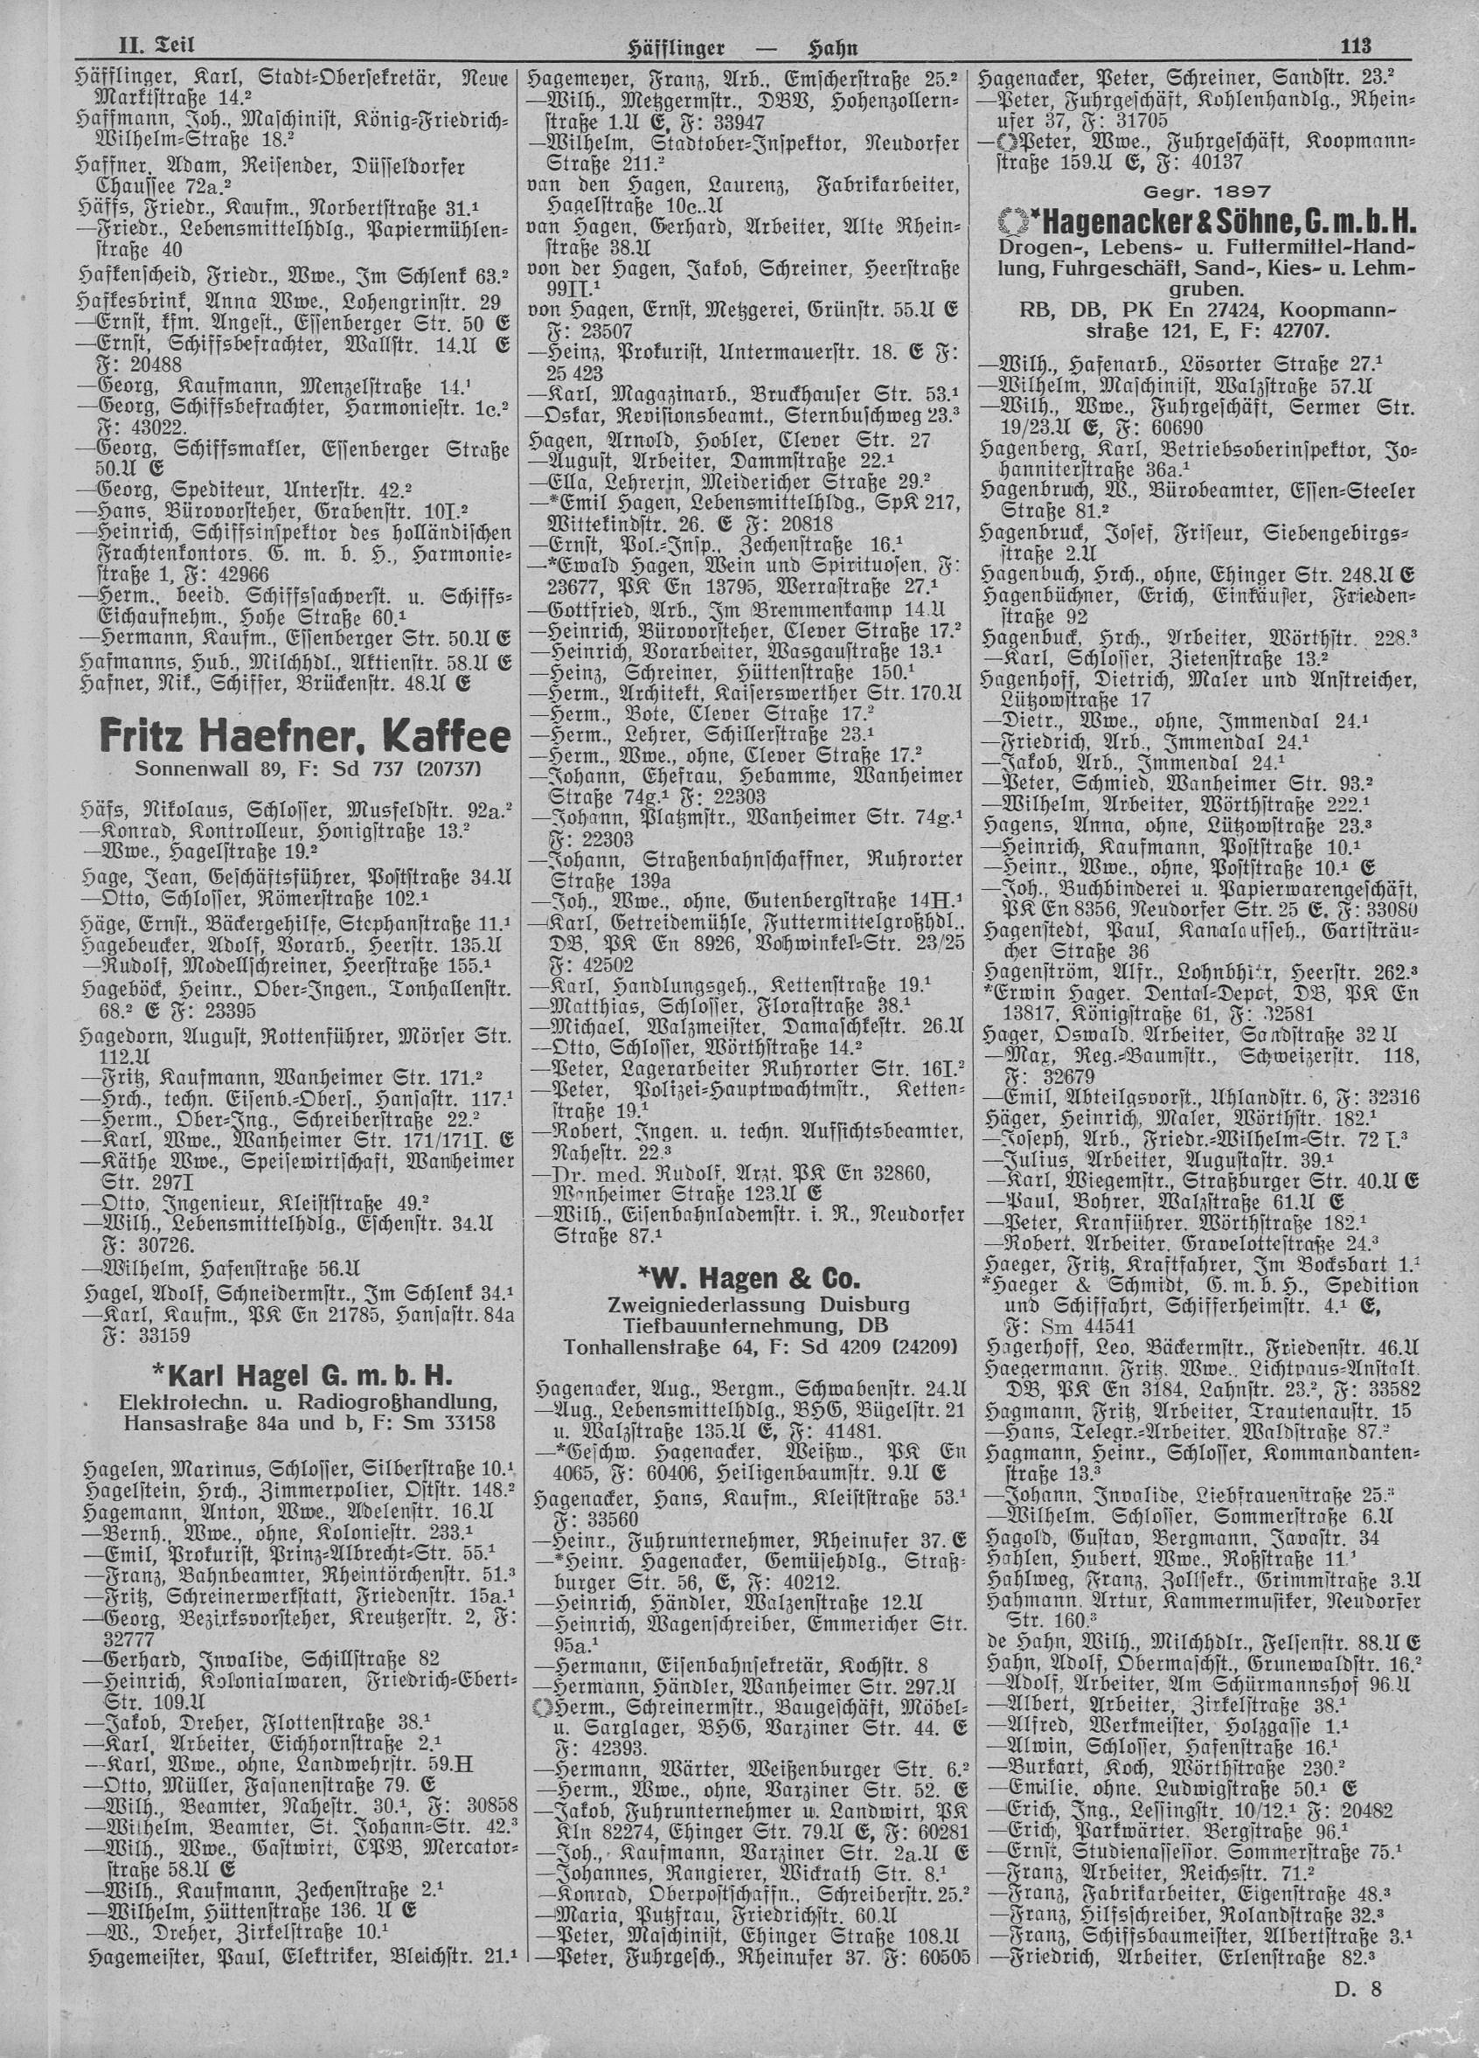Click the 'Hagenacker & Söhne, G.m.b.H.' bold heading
tap(1216, 221)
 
